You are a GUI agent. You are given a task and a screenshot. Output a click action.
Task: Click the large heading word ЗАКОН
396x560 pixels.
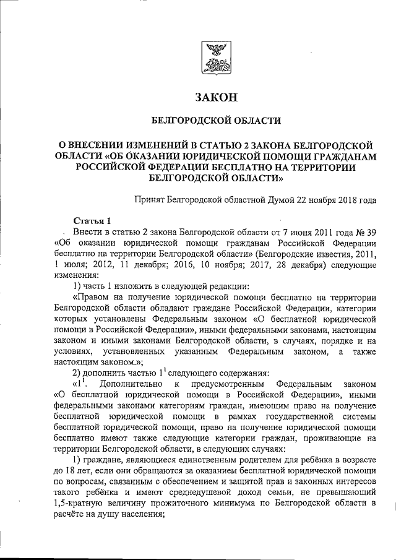click(x=216, y=97)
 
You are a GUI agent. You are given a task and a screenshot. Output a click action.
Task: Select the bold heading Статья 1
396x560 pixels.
click(x=92, y=221)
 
